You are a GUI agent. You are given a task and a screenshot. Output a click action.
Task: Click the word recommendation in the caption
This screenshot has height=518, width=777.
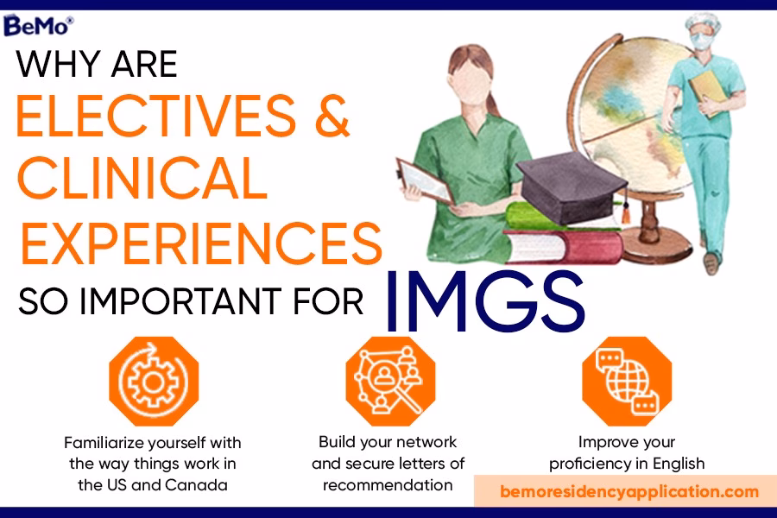pyautogui.click(x=388, y=484)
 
